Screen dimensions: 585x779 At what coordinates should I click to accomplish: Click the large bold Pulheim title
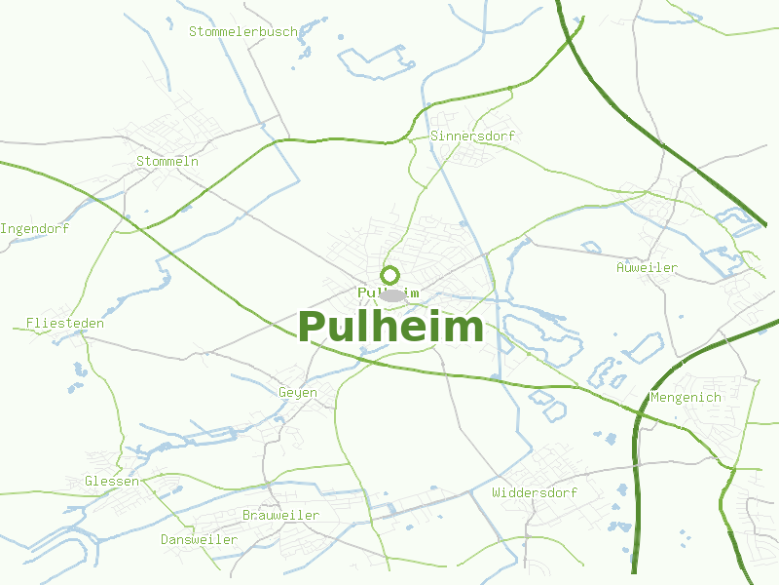(x=389, y=328)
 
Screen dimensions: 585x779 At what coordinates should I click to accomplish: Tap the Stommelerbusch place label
(x=243, y=31)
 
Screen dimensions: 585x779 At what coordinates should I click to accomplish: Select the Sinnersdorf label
(x=472, y=136)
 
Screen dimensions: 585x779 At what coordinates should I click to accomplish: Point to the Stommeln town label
(x=167, y=161)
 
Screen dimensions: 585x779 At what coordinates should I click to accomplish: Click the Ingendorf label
(x=34, y=229)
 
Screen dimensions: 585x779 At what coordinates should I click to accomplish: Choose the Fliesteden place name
(x=65, y=323)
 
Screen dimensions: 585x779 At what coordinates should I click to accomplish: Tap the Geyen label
(x=298, y=392)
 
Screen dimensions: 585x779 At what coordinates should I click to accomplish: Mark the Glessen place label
(x=112, y=482)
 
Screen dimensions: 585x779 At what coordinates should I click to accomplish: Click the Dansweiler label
(x=200, y=539)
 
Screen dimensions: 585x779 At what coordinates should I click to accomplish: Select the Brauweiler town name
(x=280, y=515)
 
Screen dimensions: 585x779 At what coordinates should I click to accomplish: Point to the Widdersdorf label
(x=535, y=492)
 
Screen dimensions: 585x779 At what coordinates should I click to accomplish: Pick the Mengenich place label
(x=686, y=397)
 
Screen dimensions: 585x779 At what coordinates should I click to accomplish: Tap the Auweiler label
(x=647, y=267)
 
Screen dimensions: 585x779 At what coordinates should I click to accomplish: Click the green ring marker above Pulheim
(x=389, y=275)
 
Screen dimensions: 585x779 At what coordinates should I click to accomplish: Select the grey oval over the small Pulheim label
(x=391, y=294)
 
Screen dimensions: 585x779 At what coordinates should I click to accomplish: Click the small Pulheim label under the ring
(x=389, y=292)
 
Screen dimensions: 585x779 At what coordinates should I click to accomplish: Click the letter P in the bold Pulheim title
(x=312, y=328)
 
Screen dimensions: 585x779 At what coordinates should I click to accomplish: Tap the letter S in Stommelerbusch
(x=193, y=31)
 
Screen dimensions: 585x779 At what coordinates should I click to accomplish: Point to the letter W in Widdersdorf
(x=497, y=492)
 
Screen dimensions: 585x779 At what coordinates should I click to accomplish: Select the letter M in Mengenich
(x=654, y=397)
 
